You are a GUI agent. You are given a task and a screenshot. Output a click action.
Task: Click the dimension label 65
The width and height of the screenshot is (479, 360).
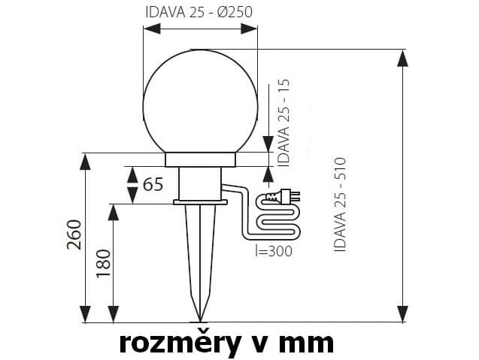coord(153,184)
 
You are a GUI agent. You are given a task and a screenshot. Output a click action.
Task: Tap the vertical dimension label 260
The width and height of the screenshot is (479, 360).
coord(74,234)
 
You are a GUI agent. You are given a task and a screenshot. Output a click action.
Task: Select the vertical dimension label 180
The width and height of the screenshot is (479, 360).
coord(103,263)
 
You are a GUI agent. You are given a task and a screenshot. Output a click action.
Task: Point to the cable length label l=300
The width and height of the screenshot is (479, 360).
coord(274,251)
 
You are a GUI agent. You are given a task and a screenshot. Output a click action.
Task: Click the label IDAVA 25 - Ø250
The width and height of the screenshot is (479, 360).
coord(199,12)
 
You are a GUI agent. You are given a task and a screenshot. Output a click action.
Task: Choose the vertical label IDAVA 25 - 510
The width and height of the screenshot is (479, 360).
coord(340,204)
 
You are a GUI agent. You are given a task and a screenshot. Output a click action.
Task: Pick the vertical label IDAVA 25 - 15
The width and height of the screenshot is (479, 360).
coord(283,123)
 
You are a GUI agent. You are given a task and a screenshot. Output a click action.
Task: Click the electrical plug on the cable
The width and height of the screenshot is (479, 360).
coord(283,195)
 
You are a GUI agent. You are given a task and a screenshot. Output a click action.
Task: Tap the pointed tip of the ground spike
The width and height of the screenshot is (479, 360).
coord(200,321)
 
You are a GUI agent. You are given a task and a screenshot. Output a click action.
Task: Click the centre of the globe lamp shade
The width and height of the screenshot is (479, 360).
coord(200,101)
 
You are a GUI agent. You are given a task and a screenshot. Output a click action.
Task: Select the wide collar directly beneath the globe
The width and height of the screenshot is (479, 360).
coord(200,160)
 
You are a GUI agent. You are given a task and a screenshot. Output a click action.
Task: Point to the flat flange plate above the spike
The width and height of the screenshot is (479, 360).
coord(200,202)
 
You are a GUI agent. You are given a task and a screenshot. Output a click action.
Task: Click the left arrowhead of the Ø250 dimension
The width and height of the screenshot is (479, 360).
coord(152,29)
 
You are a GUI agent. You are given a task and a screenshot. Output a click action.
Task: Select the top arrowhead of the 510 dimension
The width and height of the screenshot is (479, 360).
coord(402,58)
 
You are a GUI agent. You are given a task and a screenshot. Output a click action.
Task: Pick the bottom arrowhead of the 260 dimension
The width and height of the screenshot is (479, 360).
coord(85,313)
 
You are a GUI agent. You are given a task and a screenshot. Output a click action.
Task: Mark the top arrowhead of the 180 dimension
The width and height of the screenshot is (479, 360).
coord(114,212)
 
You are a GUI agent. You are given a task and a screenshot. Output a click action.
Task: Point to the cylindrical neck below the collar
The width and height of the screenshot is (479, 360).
coord(200,183)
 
